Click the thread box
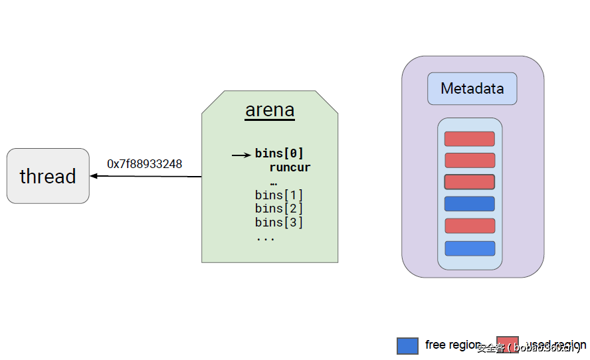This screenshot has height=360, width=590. (48, 176)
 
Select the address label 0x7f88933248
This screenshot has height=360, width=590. (145, 164)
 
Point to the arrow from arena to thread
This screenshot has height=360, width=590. (146, 176)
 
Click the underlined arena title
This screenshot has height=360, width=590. (270, 110)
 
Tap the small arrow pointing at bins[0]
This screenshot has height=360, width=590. (241, 155)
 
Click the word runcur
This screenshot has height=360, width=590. (290, 167)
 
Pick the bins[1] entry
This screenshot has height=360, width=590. (279, 195)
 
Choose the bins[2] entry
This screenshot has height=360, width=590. (279, 209)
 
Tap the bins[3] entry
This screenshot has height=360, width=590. (279, 223)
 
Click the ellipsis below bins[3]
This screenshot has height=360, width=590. (265, 238)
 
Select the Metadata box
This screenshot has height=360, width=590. (472, 88)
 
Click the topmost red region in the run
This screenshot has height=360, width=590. (469, 139)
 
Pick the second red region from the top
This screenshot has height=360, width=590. (469, 160)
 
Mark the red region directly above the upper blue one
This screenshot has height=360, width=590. (469, 181)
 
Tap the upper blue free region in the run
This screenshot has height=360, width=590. (469, 204)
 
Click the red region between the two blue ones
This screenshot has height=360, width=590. (469, 226)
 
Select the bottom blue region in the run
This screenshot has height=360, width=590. (469, 248)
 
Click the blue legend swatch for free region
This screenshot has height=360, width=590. (407, 345)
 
